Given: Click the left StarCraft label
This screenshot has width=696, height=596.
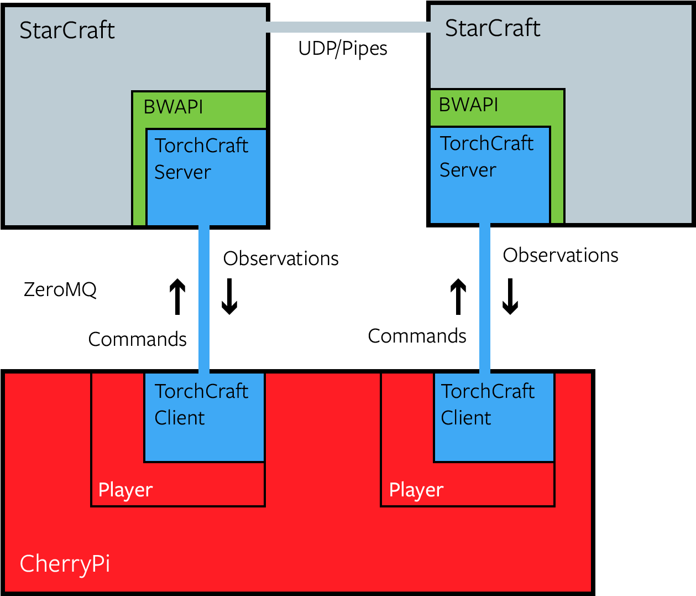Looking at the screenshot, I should pos(67,30).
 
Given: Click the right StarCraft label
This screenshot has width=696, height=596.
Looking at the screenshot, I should pos(493,28).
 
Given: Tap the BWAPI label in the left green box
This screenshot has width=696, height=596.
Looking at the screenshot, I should pos(173,107).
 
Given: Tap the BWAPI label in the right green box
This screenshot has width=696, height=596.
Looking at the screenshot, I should pos(468,105).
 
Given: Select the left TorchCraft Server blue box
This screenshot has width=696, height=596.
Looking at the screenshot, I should pos(206,194).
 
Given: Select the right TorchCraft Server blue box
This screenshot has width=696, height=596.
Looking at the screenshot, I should pos(490,194).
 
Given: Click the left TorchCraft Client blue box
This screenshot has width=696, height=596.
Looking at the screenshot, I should pos(205,437).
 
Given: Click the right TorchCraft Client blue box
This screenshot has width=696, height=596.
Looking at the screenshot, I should pos(494,437).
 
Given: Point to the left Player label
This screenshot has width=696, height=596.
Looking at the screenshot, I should pos(125,490).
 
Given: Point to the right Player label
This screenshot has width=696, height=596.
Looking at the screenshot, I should pos(416,490).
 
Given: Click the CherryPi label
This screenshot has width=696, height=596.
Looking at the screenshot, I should pos(65,564).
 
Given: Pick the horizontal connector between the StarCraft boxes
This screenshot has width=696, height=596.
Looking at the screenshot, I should pos(348,27).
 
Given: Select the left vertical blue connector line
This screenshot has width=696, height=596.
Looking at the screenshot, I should pos(204,299).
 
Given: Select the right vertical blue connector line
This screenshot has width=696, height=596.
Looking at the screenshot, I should pos(484,299).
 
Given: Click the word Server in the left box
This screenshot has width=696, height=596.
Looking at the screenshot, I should pos(182,172).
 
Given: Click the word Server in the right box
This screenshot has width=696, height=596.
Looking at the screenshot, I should pos(468,170).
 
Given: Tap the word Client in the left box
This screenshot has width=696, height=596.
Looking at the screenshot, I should pos(180,418).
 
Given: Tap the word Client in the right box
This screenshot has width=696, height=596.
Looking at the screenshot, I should pos(466,418).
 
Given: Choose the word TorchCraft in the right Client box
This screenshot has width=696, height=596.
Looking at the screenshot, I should pos(488,391).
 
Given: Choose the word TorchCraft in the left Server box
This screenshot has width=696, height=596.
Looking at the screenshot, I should pos(201,146).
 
